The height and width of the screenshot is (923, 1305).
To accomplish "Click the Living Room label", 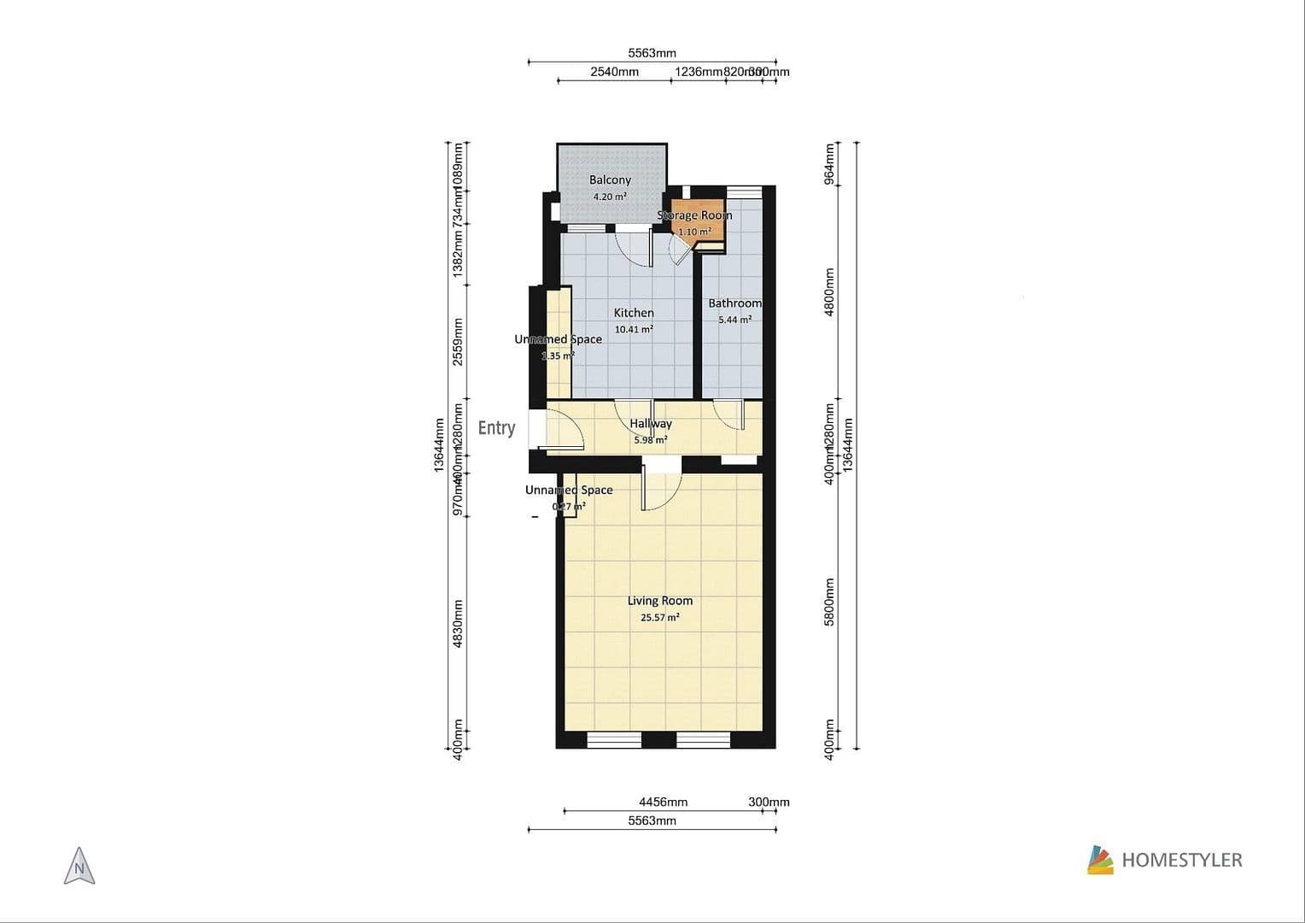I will tap(659, 601).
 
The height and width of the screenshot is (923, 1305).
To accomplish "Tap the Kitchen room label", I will tap(634, 313).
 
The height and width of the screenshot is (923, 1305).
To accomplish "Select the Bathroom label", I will tap(734, 303).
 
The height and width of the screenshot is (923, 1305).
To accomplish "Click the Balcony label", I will tap(610, 180).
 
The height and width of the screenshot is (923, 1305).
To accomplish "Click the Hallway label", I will tap(651, 423).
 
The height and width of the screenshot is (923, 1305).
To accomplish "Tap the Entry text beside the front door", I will tap(496, 428).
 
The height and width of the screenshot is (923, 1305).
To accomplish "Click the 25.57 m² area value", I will tap(659, 618).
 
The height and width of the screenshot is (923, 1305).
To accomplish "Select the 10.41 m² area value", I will tap(634, 330).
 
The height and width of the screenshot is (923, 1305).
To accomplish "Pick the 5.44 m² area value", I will tap(734, 320).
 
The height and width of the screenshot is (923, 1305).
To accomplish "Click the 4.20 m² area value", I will tap(610, 197).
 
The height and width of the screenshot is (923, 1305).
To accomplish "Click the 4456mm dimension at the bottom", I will tap(663, 802).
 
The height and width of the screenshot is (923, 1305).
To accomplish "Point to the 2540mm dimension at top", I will tap(614, 72).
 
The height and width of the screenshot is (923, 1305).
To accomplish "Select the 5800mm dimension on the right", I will tap(828, 603).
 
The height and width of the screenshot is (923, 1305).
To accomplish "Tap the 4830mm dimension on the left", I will tap(458, 623).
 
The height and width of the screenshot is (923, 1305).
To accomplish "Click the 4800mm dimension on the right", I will tap(828, 292).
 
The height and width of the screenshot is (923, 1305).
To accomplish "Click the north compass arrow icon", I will tap(79, 867).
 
